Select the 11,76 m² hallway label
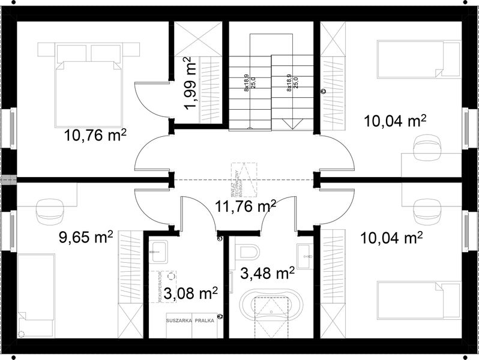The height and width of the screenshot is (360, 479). pos(245,208)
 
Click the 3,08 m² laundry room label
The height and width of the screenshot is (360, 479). pos(190,294)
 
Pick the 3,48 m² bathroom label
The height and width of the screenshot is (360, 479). pos(267,275)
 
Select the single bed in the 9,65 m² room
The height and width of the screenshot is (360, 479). pos(36,294)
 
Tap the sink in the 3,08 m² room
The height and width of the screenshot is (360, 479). pos(160,252)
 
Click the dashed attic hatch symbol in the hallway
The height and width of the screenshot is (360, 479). pos(244,180)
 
